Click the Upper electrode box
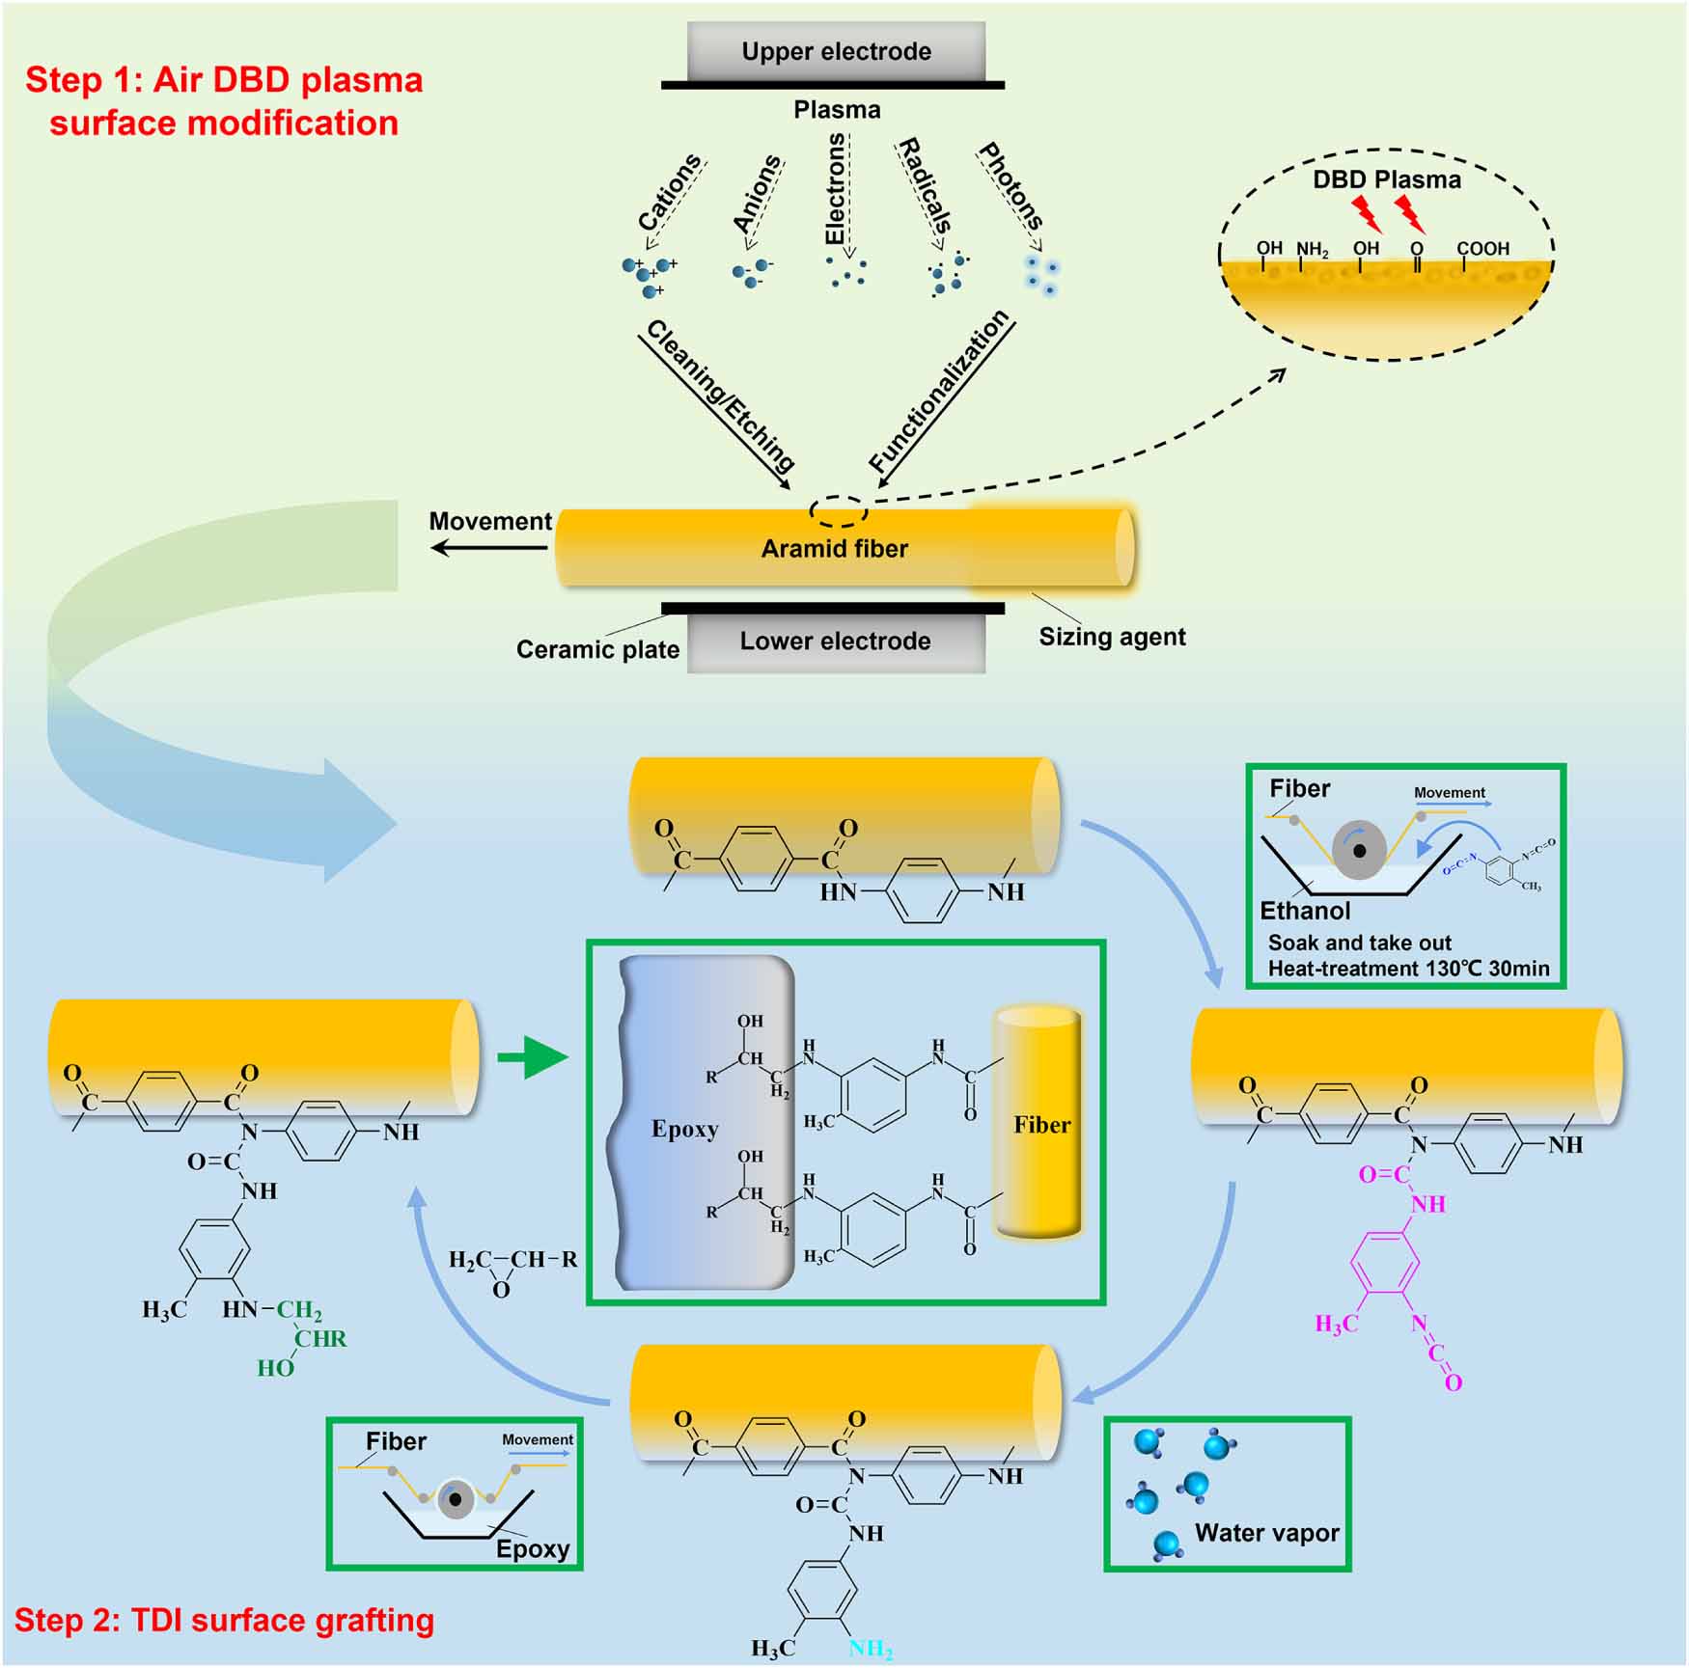tap(836, 51)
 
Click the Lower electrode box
tap(836, 642)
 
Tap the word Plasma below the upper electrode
tap(837, 110)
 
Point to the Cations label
tap(669, 193)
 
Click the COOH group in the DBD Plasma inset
tap(1482, 249)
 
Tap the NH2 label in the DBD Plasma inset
tap(1312, 250)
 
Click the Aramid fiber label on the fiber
tap(834, 549)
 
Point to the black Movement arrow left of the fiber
tap(488, 548)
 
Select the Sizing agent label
tap(1112, 637)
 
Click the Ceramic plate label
tap(597, 649)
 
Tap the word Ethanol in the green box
tap(1305, 911)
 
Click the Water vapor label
tap(1266, 1533)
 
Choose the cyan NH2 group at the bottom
tap(870, 1649)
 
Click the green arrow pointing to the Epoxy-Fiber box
tap(532, 1058)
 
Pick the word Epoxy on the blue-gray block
tap(684, 1129)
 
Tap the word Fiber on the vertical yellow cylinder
tap(1041, 1125)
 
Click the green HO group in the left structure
tap(275, 1368)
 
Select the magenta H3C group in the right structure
tap(1337, 1324)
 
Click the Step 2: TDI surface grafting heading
tap(224, 1620)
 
